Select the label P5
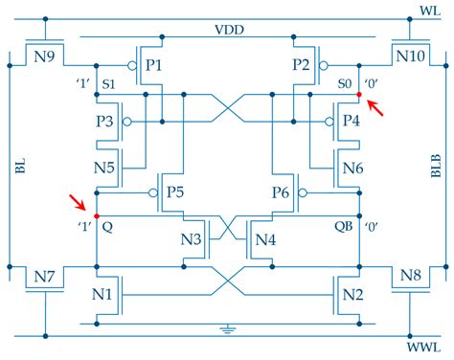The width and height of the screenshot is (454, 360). [x=175, y=192]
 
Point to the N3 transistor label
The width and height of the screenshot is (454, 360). [x=191, y=239]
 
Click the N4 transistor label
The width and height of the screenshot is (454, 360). [x=265, y=239]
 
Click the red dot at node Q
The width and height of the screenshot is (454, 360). [x=95, y=214]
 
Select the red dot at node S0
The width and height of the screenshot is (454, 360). [x=359, y=96]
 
